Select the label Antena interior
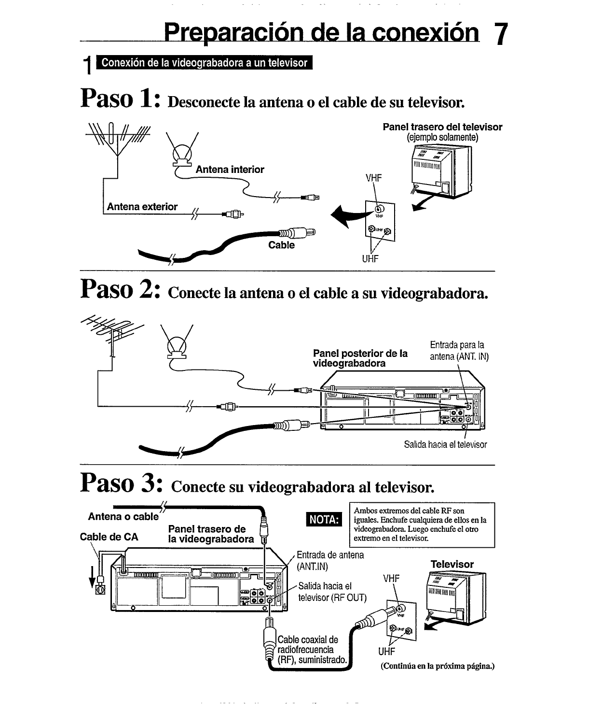(x=230, y=170)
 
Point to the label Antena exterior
(x=142, y=207)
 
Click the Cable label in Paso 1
(x=281, y=245)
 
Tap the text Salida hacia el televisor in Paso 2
(x=445, y=444)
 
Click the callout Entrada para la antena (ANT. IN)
(x=458, y=351)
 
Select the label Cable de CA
(x=109, y=537)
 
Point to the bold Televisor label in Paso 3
(x=452, y=564)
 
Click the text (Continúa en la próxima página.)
(x=438, y=666)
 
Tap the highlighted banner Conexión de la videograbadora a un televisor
(x=205, y=63)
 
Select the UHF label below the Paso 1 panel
(x=370, y=258)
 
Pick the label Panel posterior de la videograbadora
(x=360, y=358)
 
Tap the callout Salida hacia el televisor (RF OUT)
(x=332, y=592)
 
